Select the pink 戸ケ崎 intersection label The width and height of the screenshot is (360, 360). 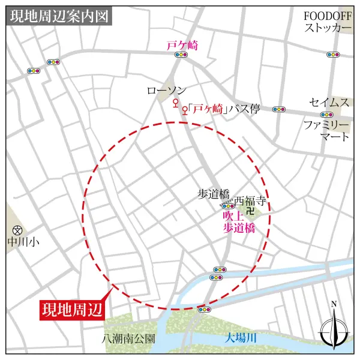182,44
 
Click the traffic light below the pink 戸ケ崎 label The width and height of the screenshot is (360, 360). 181,55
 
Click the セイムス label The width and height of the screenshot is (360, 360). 329,103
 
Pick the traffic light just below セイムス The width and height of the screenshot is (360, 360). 326,114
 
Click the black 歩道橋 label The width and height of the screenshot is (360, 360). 214,193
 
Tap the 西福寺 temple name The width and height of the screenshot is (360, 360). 250,200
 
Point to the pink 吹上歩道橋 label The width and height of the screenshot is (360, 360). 235,221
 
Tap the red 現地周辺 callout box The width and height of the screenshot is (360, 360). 72,310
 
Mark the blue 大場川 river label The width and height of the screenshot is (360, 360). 241,338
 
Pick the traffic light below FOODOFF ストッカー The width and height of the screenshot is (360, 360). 333,55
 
